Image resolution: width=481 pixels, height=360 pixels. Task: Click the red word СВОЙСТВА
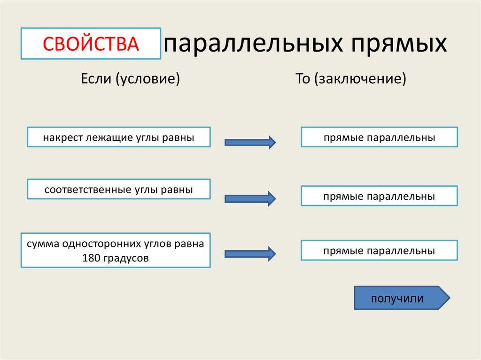coord(91,44)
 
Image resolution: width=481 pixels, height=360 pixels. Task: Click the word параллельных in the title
coord(250,44)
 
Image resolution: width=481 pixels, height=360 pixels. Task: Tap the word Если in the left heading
coord(95,78)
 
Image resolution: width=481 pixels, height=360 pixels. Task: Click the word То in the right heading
coord(303,78)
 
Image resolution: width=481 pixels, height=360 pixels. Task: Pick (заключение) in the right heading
coord(360,78)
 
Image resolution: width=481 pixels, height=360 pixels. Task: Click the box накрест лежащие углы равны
coord(118,138)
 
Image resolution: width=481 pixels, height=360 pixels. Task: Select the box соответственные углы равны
coord(118,190)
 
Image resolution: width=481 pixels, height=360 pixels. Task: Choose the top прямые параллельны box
coord(379,138)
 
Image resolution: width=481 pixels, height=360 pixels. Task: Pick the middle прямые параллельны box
coord(379,196)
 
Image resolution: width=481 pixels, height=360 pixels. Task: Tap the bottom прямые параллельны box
coord(379,251)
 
